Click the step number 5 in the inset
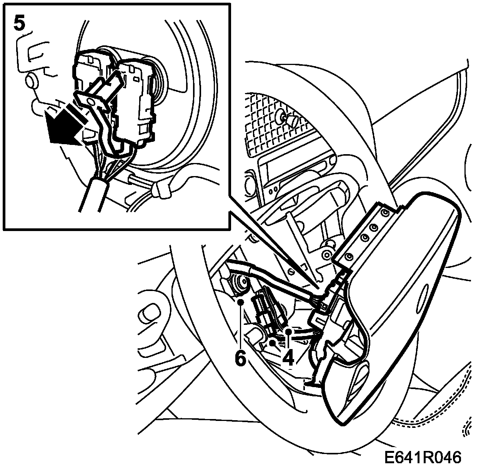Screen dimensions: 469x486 [x=20, y=23]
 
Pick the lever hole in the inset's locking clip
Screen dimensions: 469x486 [x=92, y=101]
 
